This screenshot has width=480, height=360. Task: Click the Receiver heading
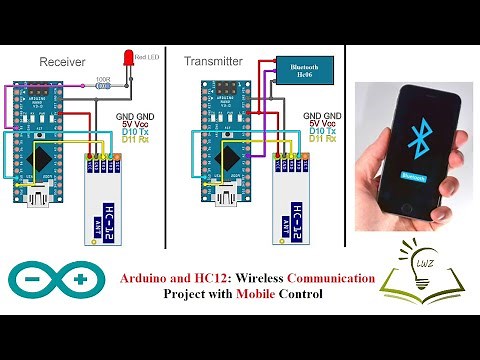click(60, 62)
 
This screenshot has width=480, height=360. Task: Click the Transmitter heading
click(213, 62)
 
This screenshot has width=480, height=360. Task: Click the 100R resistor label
click(102, 78)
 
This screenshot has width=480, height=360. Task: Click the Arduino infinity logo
click(59, 280)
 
